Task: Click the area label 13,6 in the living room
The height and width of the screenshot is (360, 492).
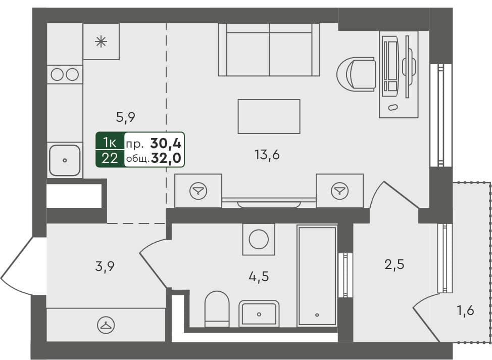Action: click(x=267, y=155)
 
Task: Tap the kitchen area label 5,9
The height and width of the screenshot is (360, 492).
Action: click(x=126, y=117)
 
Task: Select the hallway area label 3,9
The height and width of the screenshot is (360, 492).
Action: click(x=105, y=265)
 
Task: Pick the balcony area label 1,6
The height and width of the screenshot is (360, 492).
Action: click(x=465, y=310)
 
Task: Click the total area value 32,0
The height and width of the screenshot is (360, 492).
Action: click(x=169, y=159)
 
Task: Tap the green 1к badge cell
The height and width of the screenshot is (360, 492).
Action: click(x=109, y=141)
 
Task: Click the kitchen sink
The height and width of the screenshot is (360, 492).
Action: click(x=65, y=160)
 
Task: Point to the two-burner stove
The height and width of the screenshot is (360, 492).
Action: click(x=65, y=74)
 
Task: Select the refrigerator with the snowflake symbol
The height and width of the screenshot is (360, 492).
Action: click(x=101, y=41)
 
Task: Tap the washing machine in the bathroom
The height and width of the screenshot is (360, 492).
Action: click(x=259, y=239)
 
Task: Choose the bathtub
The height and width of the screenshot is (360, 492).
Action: click(x=317, y=276)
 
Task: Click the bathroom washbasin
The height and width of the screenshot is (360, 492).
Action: click(x=259, y=313)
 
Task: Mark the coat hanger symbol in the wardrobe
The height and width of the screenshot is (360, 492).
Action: click(x=105, y=326)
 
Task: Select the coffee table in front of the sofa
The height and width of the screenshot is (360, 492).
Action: click(x=269, y=116)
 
